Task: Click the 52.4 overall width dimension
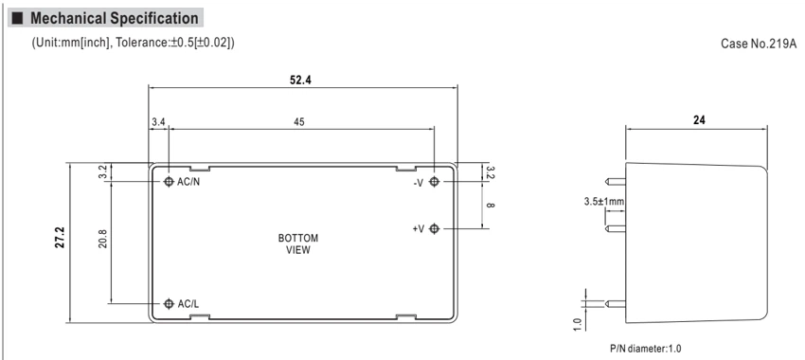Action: [x=300, y=81]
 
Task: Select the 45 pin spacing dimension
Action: [x=298, y=121]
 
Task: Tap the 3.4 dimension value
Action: [x=158, y=121]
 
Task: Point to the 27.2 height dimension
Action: [x=60, y=236]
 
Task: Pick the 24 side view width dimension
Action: [x=699, y=120]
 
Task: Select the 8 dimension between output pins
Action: [x=490, y=206]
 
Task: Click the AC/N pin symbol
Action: [x=169, y=181]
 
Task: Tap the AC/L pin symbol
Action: [x=169, y=303]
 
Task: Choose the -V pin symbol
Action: [x=435, y=181]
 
